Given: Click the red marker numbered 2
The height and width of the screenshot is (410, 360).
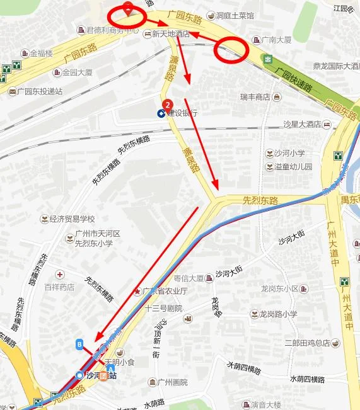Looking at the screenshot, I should tap(167, 105).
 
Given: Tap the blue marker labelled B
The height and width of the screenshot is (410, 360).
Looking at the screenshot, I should tap(79, 344).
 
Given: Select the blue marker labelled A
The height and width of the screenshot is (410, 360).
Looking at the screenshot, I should tap(111, 369).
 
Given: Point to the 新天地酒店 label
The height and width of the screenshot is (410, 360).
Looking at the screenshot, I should tap(170, 35).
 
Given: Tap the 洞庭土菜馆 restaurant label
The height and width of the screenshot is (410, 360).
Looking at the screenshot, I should tap(235, 16).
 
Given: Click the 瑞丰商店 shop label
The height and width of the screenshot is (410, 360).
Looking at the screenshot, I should tap(255, 97).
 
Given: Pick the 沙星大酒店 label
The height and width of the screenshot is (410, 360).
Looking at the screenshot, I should tap(303, 125).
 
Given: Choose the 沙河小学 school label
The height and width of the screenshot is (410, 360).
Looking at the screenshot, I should tap(289, 153).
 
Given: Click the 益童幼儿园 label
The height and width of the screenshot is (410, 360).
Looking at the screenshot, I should tap(293, 167).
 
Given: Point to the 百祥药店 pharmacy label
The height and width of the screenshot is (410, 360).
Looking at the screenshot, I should tap(59, 287).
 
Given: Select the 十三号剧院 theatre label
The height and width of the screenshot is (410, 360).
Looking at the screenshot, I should tap(163, 309).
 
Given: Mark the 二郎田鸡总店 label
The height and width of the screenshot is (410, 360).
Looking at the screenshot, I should tap(307, 343).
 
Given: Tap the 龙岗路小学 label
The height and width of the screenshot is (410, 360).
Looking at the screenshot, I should tap(277, 314).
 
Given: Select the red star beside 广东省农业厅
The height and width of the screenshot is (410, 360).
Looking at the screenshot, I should tap(137, 291).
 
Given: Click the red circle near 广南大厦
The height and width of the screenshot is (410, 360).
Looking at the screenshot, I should tap(229, 50).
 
